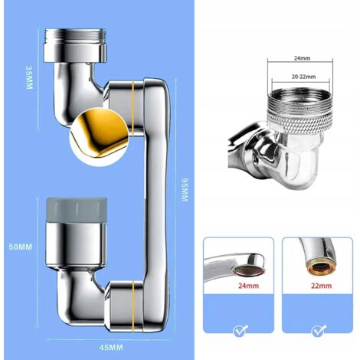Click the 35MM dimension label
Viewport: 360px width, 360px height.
(30, 78)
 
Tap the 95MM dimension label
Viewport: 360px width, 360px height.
(184, 190)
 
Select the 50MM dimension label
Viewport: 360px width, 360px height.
(21, 247)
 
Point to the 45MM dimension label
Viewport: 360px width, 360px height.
(111, 348)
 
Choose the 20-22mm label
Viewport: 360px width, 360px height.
(301, 77)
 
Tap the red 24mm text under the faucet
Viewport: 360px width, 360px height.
(248, 286)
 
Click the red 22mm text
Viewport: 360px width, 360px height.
(322, 286)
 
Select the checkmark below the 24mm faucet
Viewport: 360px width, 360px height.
(241, 330)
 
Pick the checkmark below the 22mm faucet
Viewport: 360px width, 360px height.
(319, 330)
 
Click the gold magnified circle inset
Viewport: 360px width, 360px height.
(99, 137)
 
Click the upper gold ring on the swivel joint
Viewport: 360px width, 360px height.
(133, 108)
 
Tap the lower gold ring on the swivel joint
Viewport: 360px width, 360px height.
(133, 306)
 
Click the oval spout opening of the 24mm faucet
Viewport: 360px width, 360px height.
(248, 270)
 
